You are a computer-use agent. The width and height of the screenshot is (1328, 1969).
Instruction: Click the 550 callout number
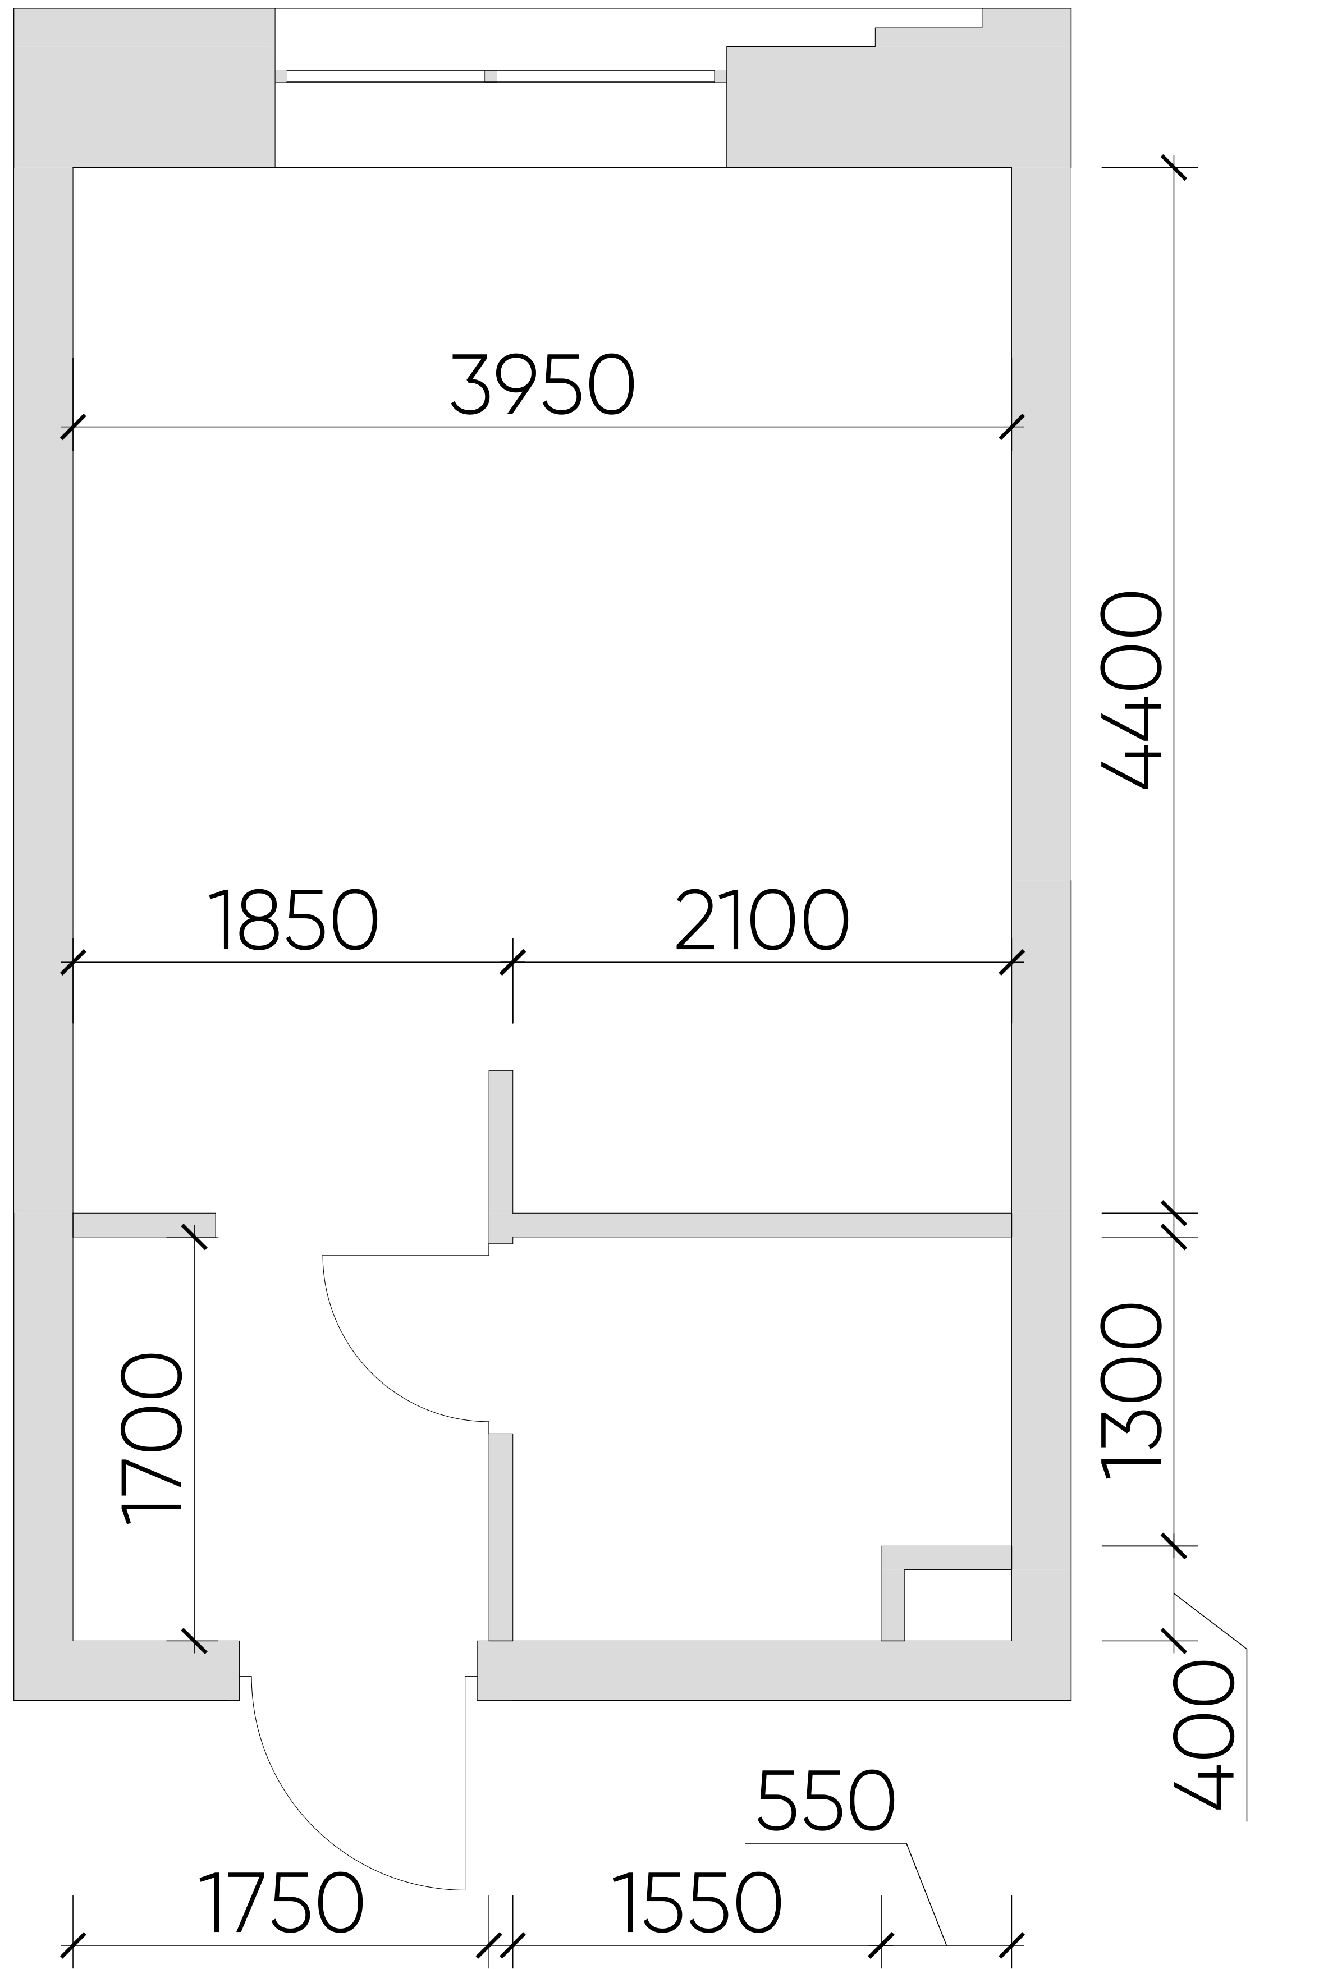point(826,1799)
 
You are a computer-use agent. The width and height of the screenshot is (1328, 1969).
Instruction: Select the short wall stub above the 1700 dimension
point(144,1225)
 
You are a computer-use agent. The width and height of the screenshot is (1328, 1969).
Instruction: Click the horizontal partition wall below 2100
point(762,1225)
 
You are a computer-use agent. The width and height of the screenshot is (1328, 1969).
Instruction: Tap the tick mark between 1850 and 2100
point(512,962)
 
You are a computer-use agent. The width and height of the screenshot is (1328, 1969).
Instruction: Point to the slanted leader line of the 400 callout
point(1210,1621)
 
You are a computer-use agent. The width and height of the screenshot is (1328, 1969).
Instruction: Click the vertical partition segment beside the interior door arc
point(501,1537)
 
